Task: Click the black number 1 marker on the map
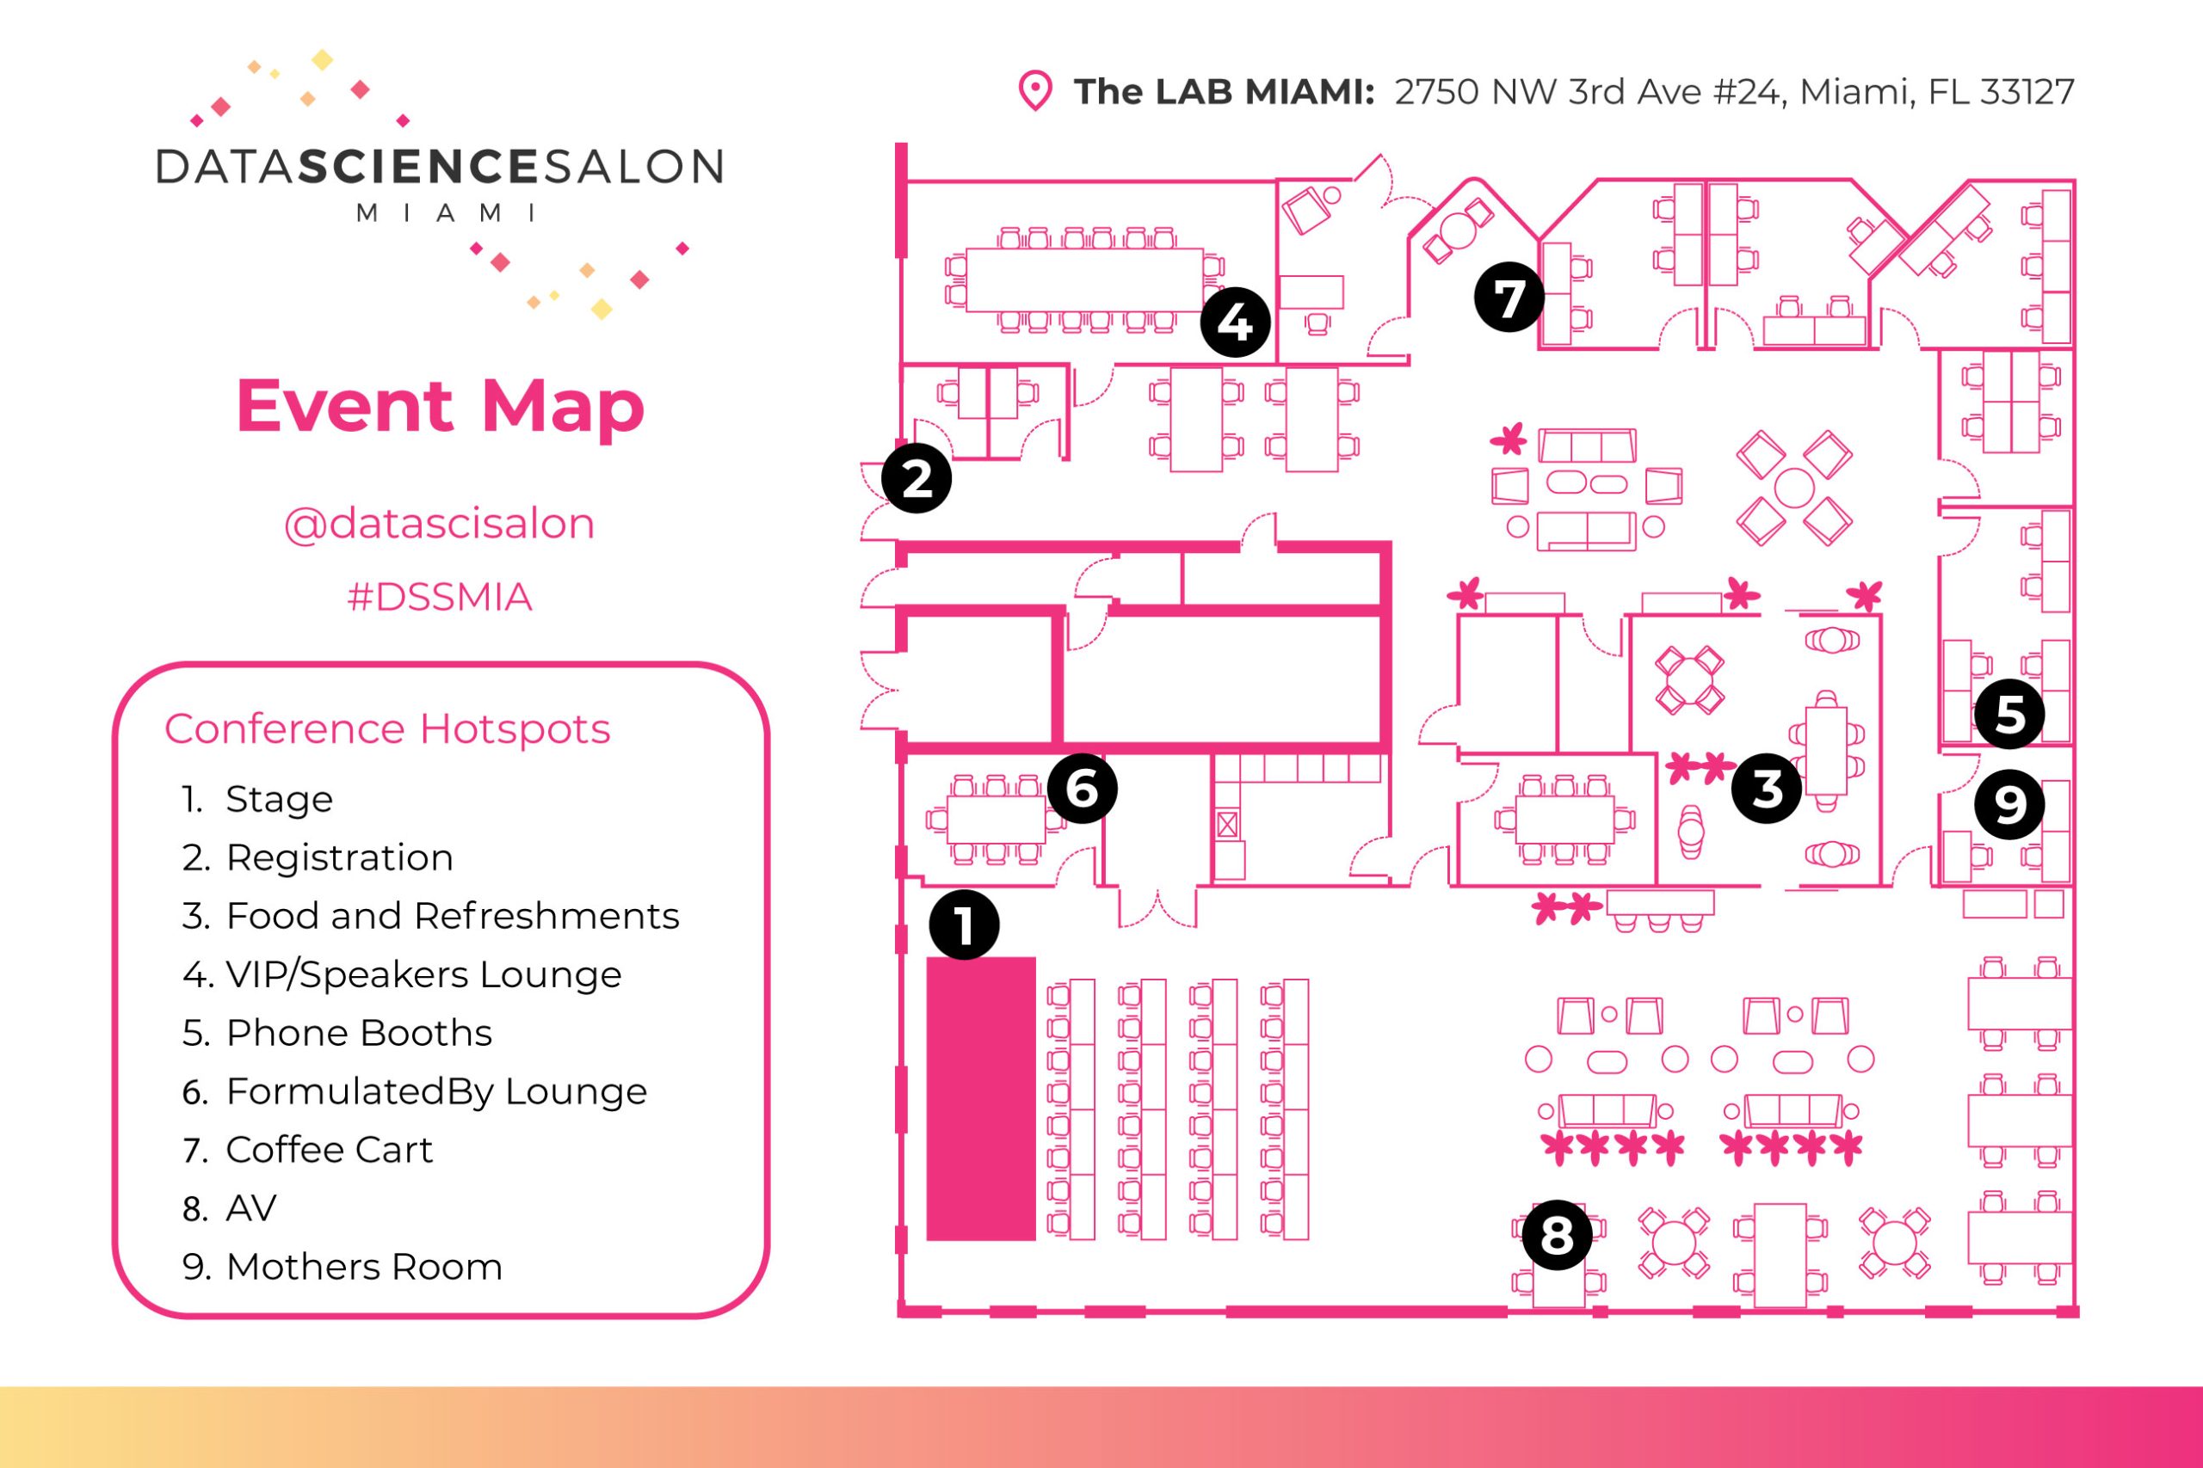coord(964,925)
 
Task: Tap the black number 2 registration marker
coord(916,478)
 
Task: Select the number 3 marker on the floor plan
coord(1767,789)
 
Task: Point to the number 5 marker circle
coord(2009,715)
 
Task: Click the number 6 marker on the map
coord(1082,789)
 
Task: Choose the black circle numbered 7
coord(1509,298)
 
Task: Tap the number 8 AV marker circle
coord(1558,1235)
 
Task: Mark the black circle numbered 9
coord(2009,804)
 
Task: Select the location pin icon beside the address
coord(1035,91)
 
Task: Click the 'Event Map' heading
coord(441,406)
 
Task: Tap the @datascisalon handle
coord(439,524)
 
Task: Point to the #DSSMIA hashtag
coord(439,596)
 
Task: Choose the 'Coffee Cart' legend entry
coord(329,1150)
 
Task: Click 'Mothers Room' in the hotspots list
coord(363,1267)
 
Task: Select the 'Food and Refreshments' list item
coord(452,916)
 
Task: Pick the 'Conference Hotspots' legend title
coord(387,728)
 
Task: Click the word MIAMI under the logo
coord(446,213)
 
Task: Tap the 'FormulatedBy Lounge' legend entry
coord(435,1091)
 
